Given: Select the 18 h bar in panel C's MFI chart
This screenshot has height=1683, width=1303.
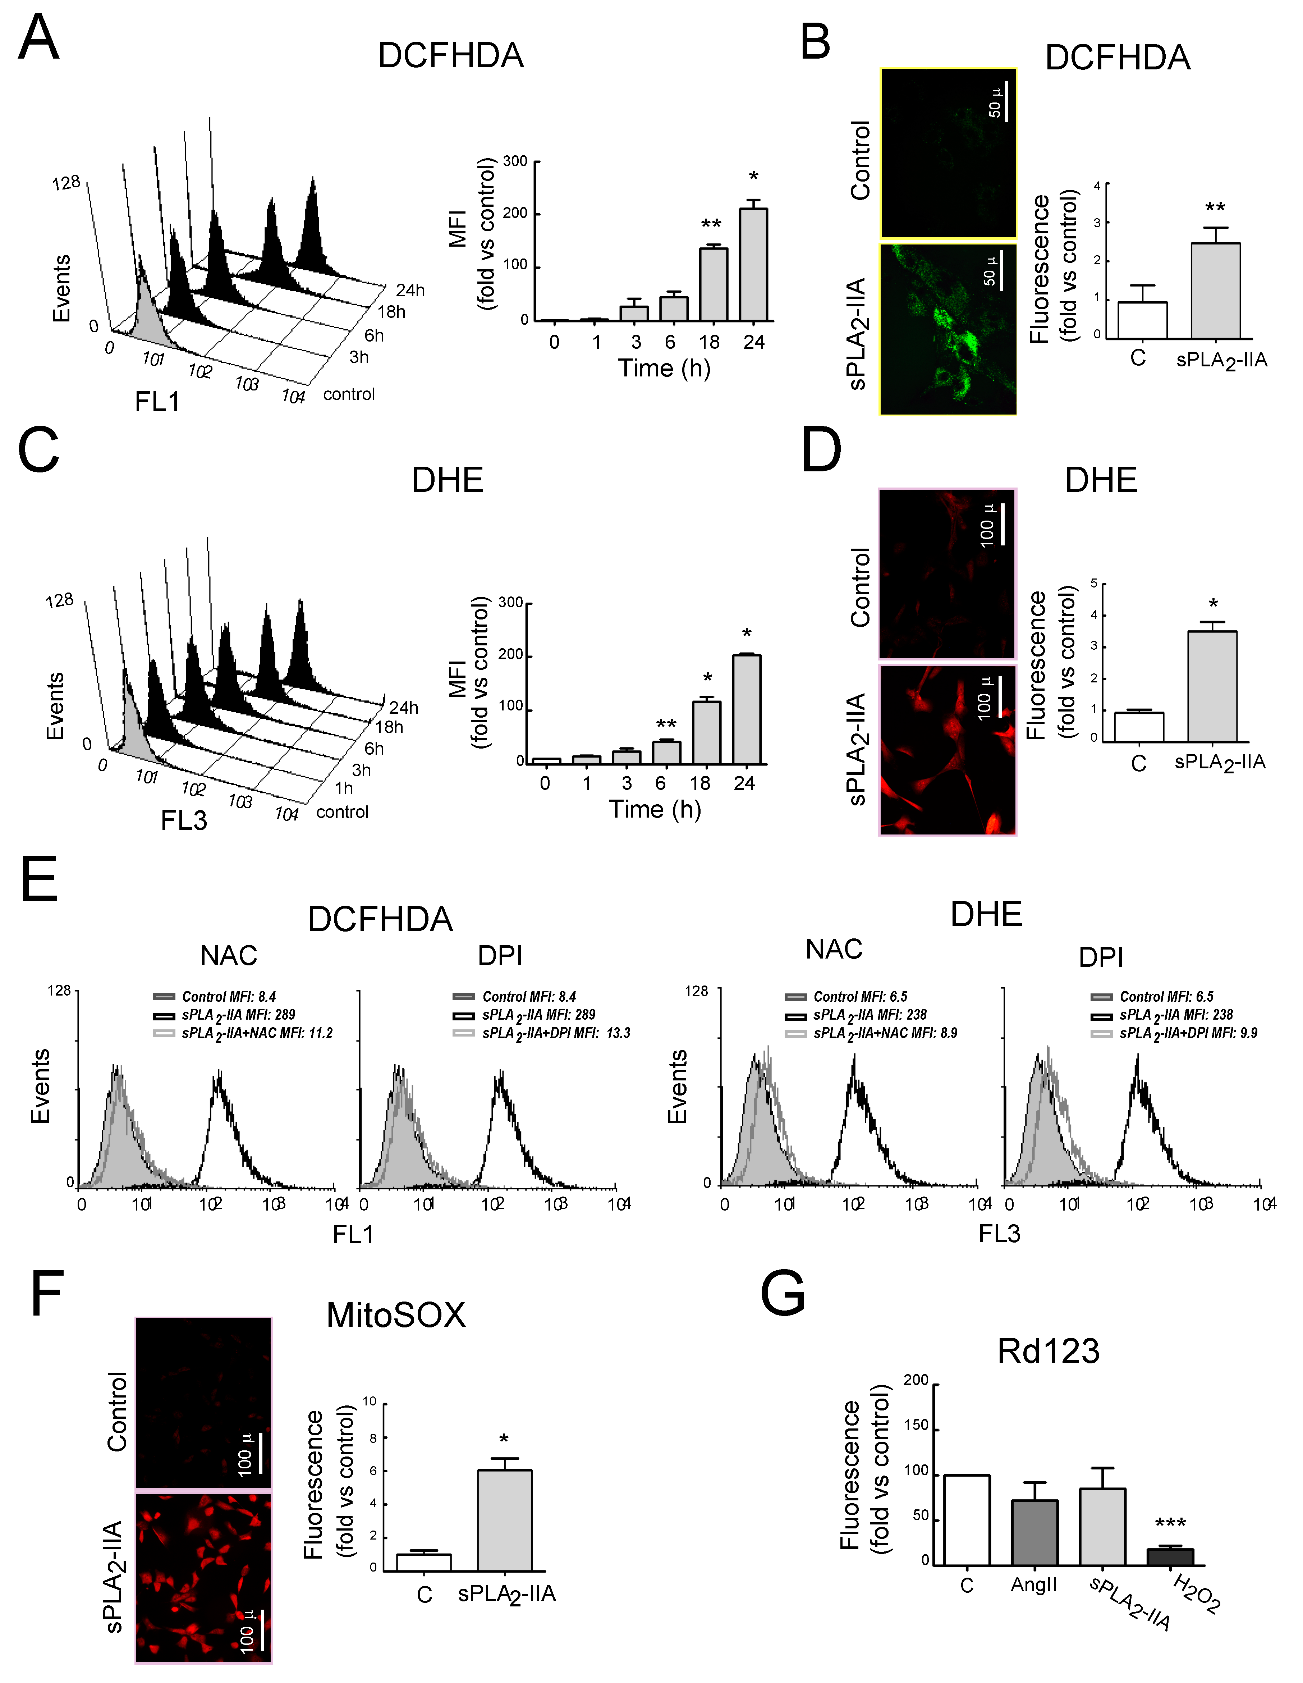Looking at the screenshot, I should click(x=707, y=732).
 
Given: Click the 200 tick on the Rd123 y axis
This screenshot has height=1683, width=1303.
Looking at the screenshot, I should click(x=916, y=1380).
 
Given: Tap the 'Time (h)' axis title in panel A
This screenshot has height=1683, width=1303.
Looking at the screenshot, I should click(x=664, y=369).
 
